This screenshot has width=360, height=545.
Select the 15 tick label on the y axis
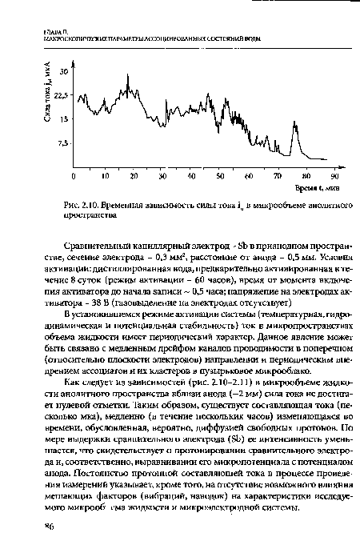coord(63,119)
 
